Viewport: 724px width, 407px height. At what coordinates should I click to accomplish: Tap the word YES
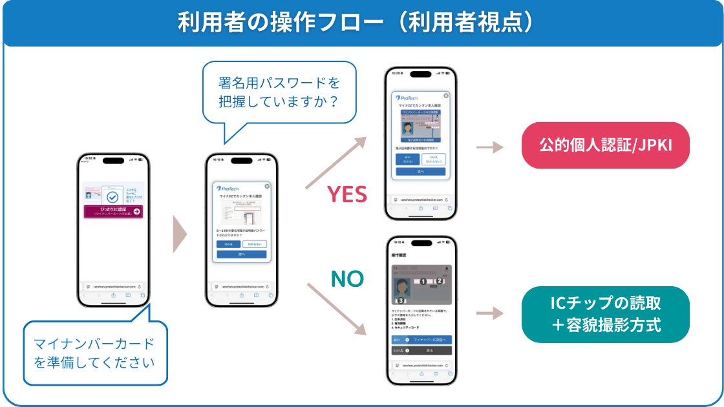[x=346, y=194]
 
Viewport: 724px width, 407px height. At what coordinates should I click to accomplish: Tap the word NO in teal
[x=347, y=278]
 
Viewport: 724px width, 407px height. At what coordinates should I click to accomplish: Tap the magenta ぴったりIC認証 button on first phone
[x=113, y=211]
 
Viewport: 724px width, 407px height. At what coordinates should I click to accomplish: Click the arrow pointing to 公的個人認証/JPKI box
[x=489, y=147]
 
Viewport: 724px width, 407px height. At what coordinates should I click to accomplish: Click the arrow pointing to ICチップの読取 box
[x=489, y=314]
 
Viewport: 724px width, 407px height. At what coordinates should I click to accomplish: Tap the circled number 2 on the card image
[x=439, y=281]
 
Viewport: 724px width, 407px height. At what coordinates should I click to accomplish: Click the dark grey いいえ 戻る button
[x=421, y=350]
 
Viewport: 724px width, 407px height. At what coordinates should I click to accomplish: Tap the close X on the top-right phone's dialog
[x=445, y=96]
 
